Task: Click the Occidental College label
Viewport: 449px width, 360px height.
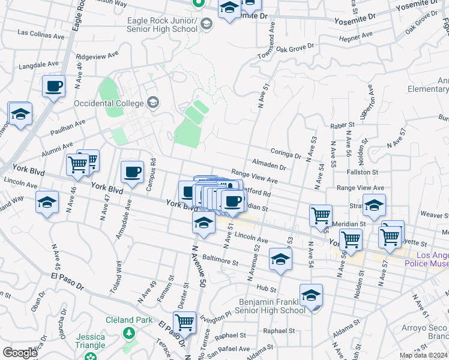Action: click(x=110, y=103)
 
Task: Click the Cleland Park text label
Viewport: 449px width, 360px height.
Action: click(x=129, y=320)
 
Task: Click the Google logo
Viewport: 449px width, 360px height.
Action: click(x=20, y=353)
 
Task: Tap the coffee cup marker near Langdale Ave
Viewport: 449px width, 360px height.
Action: click(x=53, y=87)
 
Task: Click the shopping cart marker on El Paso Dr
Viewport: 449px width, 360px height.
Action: click(x=184, y=322)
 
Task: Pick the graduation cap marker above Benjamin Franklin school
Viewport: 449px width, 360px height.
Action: click(x=311, y=295)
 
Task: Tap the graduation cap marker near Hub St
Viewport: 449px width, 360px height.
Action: click(x=280, y=259)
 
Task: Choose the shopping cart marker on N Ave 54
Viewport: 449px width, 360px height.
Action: click(x=321, y=215)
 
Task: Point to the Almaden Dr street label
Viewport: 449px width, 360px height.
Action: click(x=268, y=163)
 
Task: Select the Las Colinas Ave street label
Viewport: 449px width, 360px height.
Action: click(x=41, y=35)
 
